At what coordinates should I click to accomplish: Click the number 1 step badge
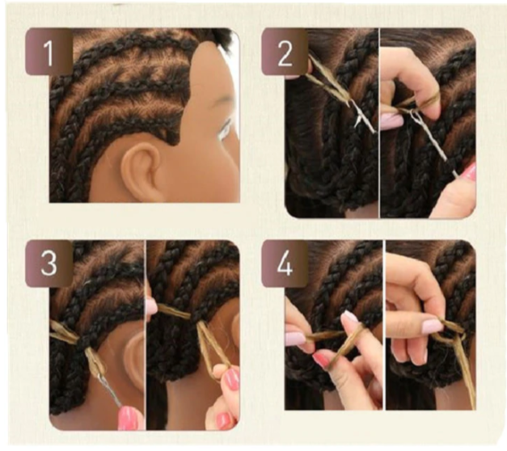pos(49,52)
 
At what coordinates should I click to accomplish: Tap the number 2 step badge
pos(285,52)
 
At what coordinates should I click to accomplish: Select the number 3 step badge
pos(49,263)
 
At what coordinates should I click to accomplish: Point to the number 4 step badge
pos(285,263)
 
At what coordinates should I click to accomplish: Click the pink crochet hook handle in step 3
pos(128,418)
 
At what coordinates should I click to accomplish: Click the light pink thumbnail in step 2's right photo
pos(391,120)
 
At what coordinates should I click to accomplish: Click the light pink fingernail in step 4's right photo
pos(433,326)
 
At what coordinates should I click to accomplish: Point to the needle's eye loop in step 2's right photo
pos(413,116)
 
